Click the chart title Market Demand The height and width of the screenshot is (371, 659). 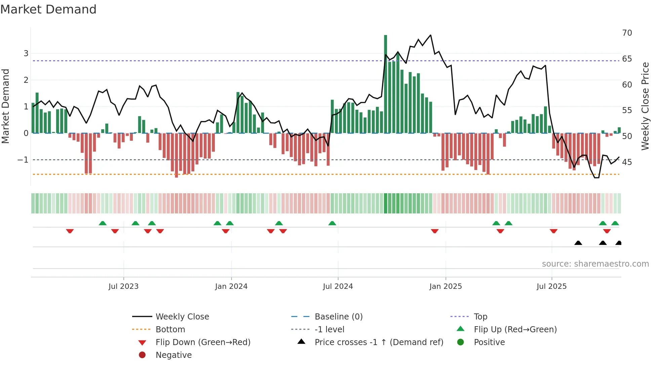pos(48,9)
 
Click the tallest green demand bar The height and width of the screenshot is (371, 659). pos(385,84)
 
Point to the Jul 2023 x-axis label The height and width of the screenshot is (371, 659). pos(123,286)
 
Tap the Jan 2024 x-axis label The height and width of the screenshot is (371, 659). pos(231,286)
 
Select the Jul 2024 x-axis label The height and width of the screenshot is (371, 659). pos(338,286)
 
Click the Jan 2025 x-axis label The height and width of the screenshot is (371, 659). pos(445,286)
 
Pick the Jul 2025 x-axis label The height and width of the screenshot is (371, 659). pos(551,286)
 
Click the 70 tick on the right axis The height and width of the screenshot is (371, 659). pos(627,33)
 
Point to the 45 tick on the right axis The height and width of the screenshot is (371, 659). pos(627,162)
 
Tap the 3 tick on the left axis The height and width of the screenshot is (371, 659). pos(26,54)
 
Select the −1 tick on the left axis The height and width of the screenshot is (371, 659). pos(23,160)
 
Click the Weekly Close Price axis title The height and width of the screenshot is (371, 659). pos(645,106)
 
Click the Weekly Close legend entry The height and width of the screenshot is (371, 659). pos(182,317)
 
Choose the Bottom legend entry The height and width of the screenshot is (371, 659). pos(170,330)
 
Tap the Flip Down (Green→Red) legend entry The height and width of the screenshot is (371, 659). pos(203,342)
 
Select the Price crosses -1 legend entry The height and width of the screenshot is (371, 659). pos(379,342)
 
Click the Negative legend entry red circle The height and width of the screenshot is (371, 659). pos(142,355)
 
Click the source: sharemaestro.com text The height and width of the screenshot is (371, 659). pos(595,264)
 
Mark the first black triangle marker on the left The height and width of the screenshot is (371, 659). pos(578,243)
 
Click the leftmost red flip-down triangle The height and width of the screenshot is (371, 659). pos(70,231)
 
